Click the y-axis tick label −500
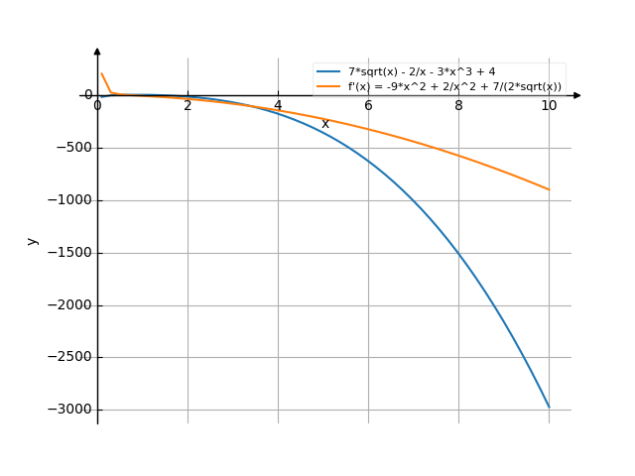(x=69, y=149)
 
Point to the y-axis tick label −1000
(x=66, y=201)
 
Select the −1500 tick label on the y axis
(x=66, y=253)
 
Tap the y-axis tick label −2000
(x=66, y=305)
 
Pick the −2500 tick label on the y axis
(x=66, y=357)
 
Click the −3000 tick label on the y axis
(x=66, y=410)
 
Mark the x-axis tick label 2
(x=188, y=106)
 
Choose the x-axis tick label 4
(x=278, y=106)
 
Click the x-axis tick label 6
(x=368, y=106)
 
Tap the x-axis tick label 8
(x=458, y=106)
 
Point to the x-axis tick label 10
(x=549, y=106)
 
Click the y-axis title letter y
(x=33, y=241)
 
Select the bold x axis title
(x=324, y=124)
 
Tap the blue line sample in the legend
(x=328, y=71)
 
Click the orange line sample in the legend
(x=328, y=86)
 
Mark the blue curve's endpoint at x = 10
(x=549, y=408)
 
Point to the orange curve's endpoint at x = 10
(x=549, y=189)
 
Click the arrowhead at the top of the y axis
(x=97, y=51)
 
